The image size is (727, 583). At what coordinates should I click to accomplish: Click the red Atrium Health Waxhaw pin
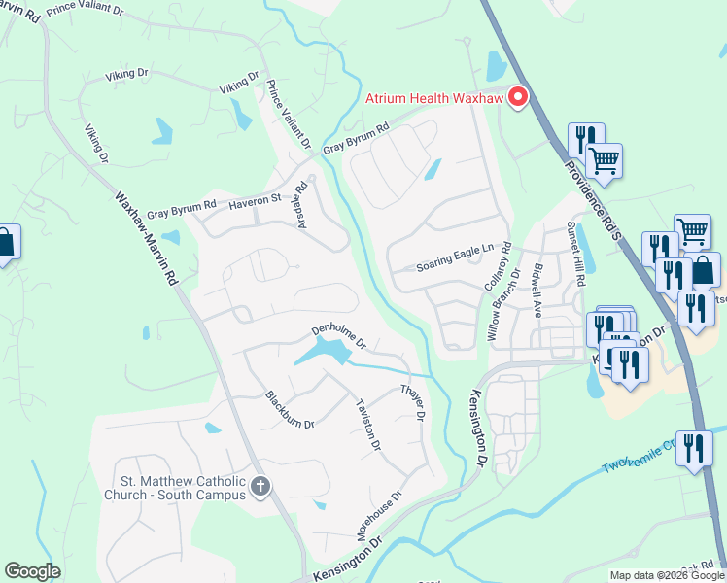[x=517, y=97]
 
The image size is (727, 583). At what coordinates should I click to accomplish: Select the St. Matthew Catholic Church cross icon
[x=260, y=486]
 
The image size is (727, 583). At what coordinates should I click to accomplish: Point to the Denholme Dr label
[x=338, y=335]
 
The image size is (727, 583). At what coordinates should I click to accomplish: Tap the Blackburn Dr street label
[x=290, y=409]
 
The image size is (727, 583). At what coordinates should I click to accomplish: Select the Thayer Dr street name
[x=413, y=401]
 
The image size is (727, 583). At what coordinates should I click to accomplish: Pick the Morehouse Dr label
[x=378, y=516]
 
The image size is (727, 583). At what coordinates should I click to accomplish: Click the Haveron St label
[x=254, y=201]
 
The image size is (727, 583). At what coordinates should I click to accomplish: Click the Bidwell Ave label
[x=537, y=290]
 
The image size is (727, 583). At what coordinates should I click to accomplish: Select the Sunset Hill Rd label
[x=576, y=253]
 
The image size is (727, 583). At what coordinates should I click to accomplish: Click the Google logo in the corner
[x=31, y=571]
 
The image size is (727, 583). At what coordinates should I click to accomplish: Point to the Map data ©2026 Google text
[x=667, y=575]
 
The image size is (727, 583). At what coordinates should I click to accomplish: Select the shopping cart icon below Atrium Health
[x=604, y=161]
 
